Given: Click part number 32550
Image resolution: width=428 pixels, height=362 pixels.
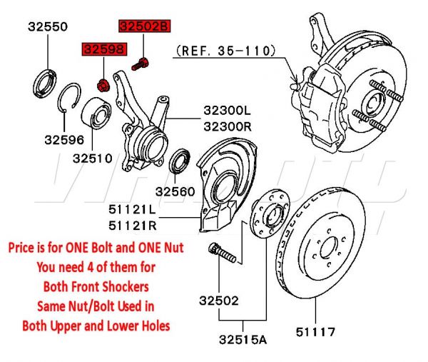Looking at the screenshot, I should [x=48, y=28].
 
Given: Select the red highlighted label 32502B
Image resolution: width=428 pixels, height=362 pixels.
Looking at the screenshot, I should [x=145, y=27].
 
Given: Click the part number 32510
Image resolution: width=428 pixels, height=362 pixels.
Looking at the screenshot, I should [x=92, y=158].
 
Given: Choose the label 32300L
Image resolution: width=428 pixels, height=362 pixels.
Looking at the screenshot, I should [x=228, y=111].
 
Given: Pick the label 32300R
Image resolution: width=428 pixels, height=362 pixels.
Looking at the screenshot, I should [x=228, y=126].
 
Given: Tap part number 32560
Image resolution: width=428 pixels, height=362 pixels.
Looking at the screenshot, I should [x=175, y=191].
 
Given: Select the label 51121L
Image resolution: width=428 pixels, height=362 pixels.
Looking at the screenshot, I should [x=132, y=211].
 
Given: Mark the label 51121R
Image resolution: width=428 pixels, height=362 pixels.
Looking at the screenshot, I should [x=132, y=225].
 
